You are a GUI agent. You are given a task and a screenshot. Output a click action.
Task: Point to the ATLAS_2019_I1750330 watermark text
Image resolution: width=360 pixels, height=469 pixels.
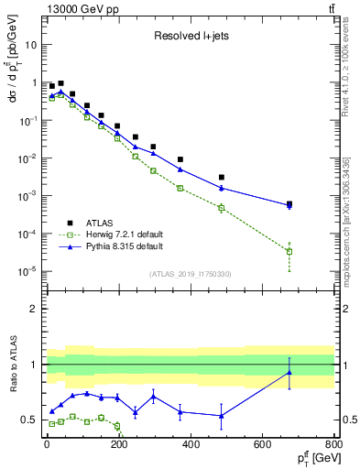click(x=190, y=274)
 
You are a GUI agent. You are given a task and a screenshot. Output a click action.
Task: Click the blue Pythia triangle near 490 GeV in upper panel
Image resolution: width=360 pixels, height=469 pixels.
click(x=222, y=188)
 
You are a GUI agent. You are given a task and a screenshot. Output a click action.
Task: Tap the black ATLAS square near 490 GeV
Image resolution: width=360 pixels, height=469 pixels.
click(x=222, y=177)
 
